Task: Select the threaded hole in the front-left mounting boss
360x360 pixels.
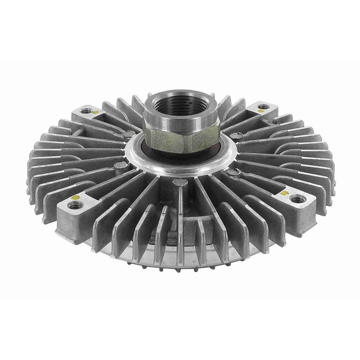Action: coord(73,205)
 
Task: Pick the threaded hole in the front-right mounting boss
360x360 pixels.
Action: coord(295,198)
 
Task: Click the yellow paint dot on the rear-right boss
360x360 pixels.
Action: coord(256,109)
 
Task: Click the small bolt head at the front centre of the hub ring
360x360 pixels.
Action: coord(179,182)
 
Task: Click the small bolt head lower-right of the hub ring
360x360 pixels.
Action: coord(233,172)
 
